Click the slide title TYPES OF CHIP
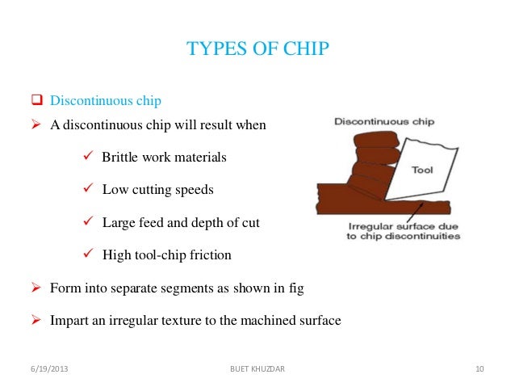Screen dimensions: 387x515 click(257, 49)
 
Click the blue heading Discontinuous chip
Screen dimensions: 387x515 click(106, 101)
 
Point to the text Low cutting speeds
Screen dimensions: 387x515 click(157, 190)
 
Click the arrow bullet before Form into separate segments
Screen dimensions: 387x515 click(36, 288)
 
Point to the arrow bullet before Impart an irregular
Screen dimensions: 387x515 click(36, 321)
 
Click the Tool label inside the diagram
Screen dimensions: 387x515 click(423, 170)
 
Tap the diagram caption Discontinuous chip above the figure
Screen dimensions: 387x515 click(384, 122)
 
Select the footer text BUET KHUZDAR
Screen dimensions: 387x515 click(257, 370)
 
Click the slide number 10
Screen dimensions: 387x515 click(479, 370)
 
